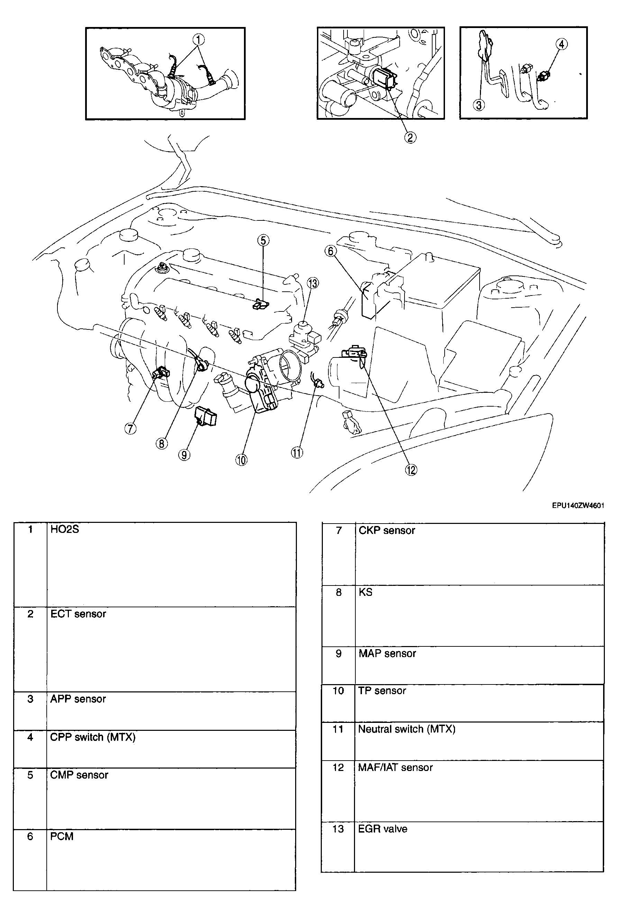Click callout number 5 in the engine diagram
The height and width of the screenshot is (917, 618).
point(263,240)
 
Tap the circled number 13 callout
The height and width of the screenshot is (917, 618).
point(313,283)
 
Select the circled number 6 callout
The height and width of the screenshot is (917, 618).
point(331,251)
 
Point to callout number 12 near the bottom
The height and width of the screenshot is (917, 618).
point(411,470)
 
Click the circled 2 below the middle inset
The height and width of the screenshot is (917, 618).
point(410,137)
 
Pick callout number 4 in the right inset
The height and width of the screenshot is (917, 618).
point(562,44)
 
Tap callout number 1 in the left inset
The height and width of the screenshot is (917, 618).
point(199,39)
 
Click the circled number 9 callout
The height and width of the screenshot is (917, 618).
point(184,455)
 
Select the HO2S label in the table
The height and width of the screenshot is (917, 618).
point(65,529)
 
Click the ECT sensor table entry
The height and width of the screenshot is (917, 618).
point(78,614)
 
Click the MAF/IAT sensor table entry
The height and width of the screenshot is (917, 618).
point(395,767)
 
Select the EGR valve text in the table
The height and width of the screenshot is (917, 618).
point(382,829)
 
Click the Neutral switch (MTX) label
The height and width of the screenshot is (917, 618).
point(406,729)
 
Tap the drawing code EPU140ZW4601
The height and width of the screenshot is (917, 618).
point(578,506)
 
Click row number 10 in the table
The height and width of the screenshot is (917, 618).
point(338,691)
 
